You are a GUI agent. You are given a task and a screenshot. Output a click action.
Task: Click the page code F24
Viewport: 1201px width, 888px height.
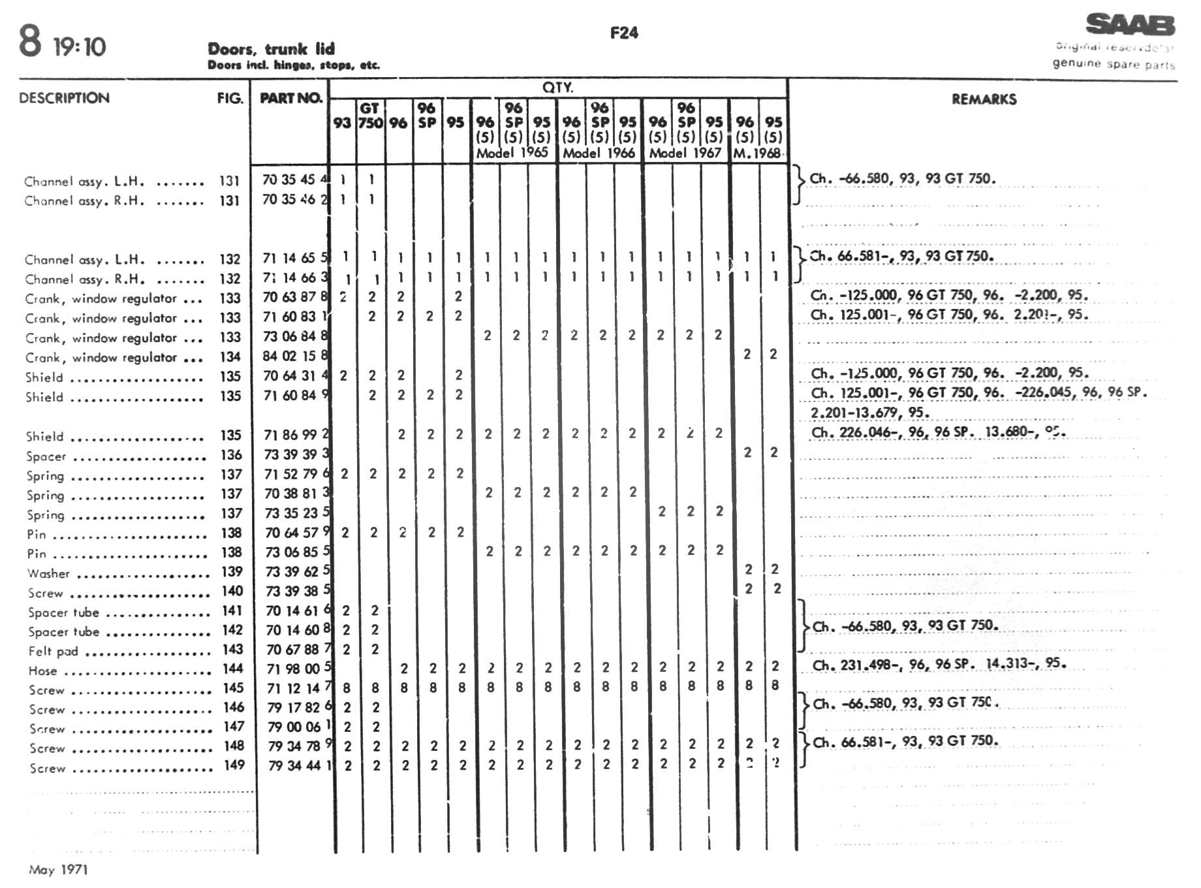(x=624, y=33)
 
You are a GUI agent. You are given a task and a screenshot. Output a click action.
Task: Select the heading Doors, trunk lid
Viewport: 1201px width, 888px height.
(x=271, y=49)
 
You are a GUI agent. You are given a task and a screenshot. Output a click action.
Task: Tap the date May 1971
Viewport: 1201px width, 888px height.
(x=58, y=870)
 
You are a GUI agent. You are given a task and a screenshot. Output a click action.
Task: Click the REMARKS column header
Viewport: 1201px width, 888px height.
(x=984, y=99)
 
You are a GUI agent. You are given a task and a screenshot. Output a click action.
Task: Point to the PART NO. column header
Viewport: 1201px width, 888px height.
(x=291, y=98)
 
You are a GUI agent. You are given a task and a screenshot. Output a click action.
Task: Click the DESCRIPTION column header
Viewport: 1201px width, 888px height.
(x=64, y=98)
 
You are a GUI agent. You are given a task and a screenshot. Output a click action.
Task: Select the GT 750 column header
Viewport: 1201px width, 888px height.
(x=370, y=116)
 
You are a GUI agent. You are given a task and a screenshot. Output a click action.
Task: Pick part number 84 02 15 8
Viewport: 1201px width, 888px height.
(x=295, y=357)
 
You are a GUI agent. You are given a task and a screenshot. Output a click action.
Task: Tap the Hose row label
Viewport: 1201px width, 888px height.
(x=42, y=671)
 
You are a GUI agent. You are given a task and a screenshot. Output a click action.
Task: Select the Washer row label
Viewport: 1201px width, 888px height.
(x=48, y=574)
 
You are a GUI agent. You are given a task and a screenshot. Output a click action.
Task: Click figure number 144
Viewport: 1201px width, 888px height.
(x=232, y=669)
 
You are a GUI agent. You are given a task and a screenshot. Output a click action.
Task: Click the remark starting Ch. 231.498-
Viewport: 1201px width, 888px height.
(x=939, y=665)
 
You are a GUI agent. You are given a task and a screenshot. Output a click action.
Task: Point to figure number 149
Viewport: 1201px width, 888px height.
(x=234, y=765)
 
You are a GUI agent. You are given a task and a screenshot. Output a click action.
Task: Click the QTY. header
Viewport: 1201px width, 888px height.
(x=557, y=87)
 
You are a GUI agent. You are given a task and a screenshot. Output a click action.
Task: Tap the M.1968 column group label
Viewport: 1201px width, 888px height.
(x=757, y=153)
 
